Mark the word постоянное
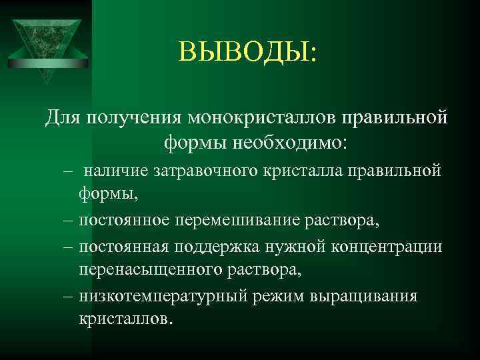click(x=127, y=219)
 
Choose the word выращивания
click(x=363, y=295)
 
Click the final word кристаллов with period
click(x=125, y=319)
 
